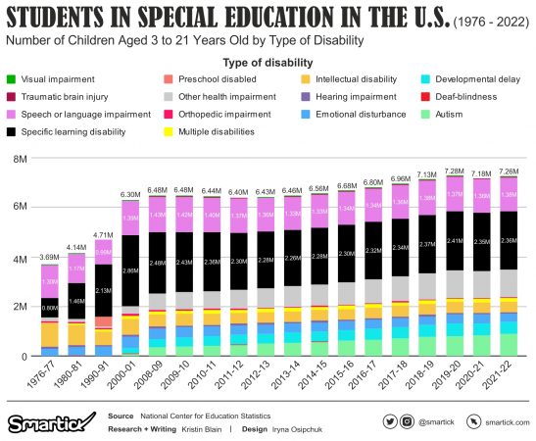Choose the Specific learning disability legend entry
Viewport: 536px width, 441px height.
pos(64,131)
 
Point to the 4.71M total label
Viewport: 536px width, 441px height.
pos(104,235)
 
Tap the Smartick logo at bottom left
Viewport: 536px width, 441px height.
pos(44,422)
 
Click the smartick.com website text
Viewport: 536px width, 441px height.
pos(500,421)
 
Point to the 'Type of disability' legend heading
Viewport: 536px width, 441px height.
pos(267,60)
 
